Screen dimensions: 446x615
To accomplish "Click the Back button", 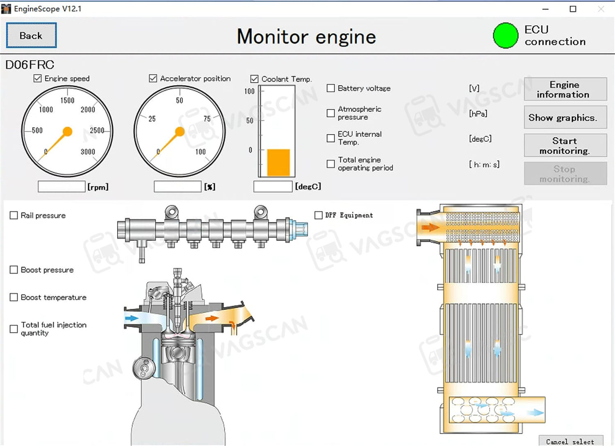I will coord(31,36).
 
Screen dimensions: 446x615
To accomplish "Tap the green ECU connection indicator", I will coord(506,36).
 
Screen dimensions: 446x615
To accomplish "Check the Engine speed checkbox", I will coord(38,78).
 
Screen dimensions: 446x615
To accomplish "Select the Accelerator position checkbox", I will coord(153,78).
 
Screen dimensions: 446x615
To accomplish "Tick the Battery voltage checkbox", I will coord(330,88).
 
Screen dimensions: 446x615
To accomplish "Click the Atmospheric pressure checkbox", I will coord(330,113).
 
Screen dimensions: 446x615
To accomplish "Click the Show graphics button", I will coord(565,118).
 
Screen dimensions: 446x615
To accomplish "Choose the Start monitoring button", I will coord(565,145).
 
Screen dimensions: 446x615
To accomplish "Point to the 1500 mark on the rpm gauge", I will coord(67,100).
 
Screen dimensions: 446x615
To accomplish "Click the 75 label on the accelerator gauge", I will coord(207,119).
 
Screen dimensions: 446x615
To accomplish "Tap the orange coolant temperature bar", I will coord(278,163).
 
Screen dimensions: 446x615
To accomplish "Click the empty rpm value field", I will coord(61,187).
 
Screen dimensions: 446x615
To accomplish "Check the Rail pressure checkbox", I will coord(14,215).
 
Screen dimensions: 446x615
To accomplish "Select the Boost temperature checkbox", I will coord(14,297).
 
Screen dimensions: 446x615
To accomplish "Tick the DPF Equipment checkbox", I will coord(318,215).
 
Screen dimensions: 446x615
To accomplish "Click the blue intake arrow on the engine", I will coord(132,318).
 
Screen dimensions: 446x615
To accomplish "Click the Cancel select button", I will coord(570,441).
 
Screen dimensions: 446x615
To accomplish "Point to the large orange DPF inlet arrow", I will coord(430,227).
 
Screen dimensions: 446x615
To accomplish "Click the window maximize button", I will coord(573,9).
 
